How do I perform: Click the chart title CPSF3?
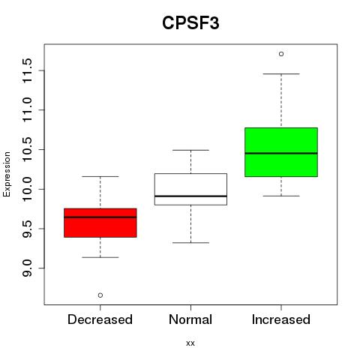click(190, 23)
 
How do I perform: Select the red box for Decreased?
click(100, 223)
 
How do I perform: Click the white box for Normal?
click(190, 189)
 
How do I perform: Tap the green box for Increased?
click(281, 152)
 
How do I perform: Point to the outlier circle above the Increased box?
click(281, 54)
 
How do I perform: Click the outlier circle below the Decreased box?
click(100, 295)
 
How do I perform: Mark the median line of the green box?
click(281, 153)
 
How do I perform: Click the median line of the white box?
click(190, 196)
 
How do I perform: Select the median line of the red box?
click(100, 217)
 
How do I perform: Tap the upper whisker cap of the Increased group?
click(281, 74)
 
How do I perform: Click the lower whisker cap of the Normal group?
click(190, 243)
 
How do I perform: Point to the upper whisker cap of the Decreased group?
click(100, 176)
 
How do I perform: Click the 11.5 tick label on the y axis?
click(28, 70)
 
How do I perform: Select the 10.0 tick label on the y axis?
click(28, 189)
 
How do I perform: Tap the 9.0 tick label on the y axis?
click(28, 268)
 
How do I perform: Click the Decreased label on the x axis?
click(100, 319)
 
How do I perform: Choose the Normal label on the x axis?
click(190, 319)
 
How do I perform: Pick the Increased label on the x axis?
click(281, 319)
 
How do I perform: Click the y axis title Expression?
click(7, 174)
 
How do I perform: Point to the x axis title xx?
click(190, 343)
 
